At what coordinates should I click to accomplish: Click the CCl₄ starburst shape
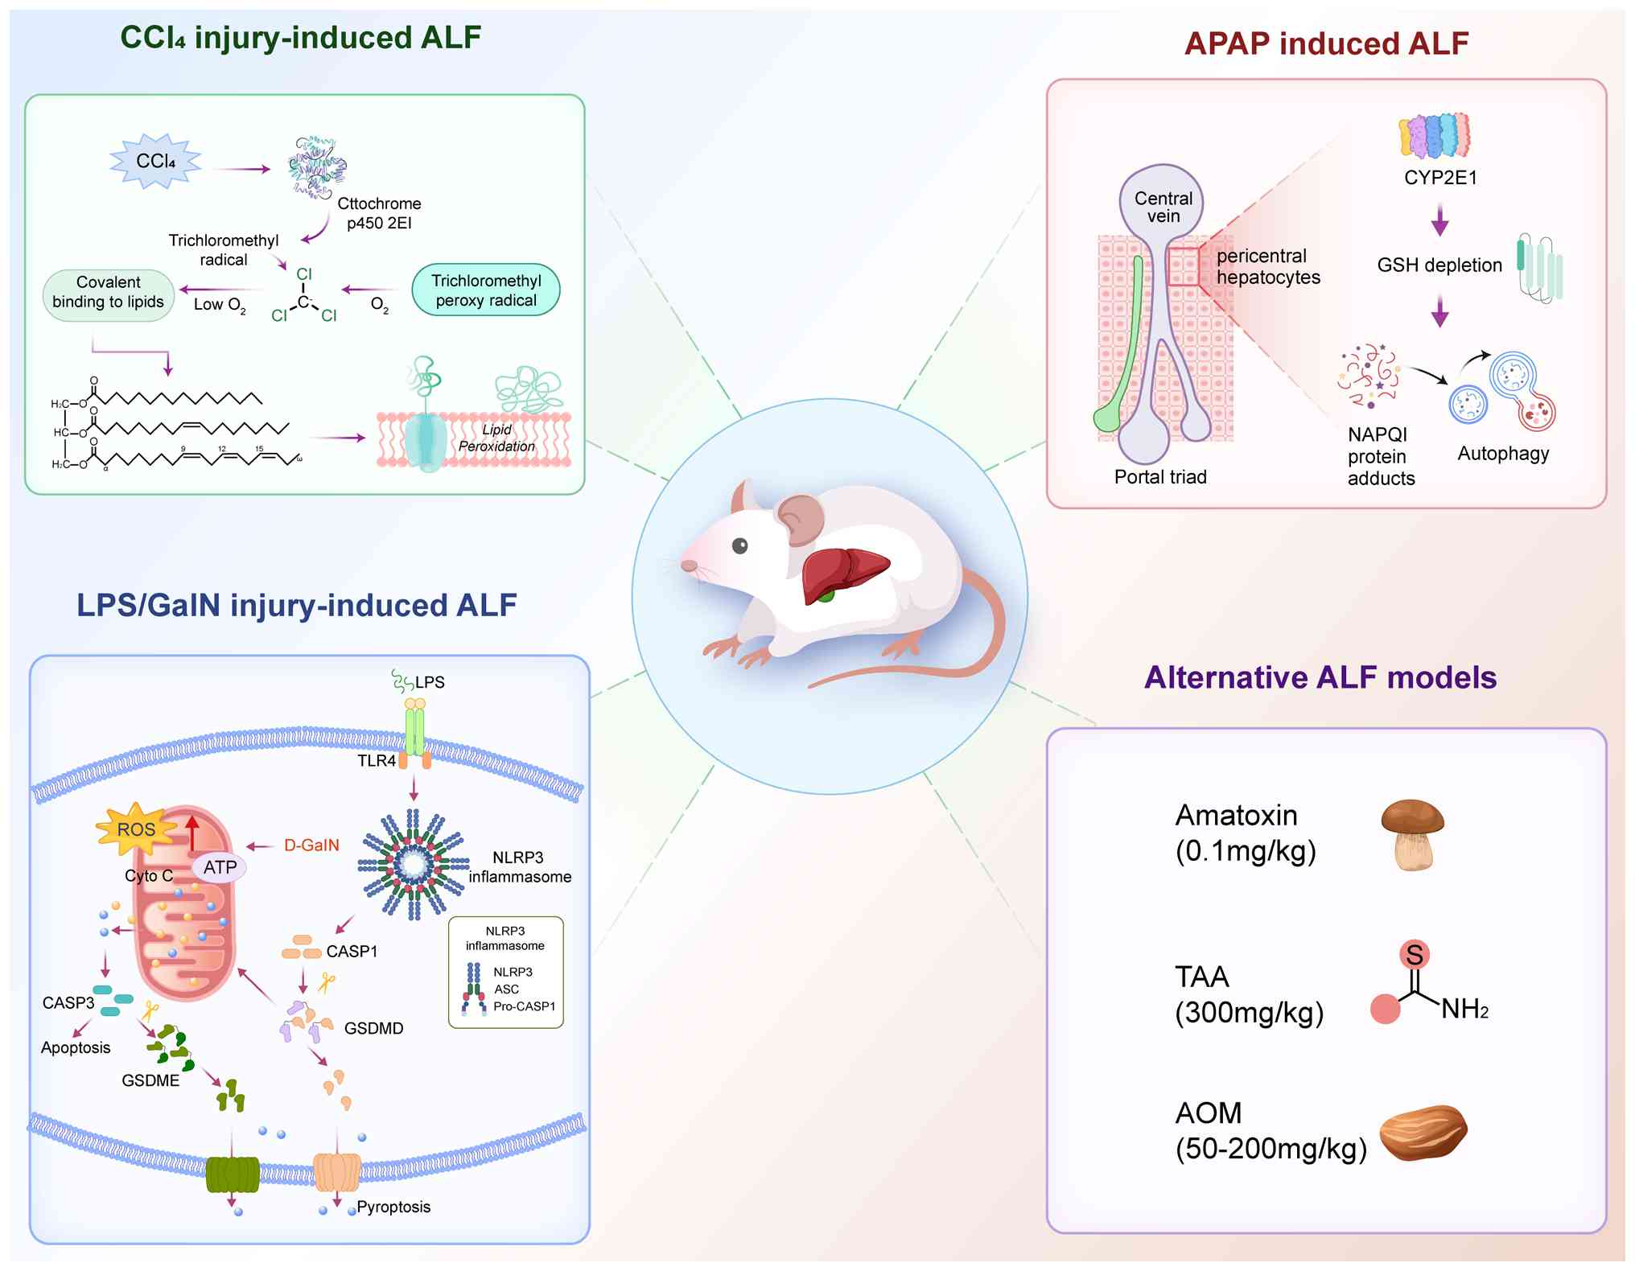155,162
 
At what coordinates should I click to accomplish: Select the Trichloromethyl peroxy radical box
485,290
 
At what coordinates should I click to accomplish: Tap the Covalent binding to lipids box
108,292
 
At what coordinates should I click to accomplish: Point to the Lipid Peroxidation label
496,438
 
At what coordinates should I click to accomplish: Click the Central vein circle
1162,206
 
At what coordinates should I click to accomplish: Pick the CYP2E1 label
1440,178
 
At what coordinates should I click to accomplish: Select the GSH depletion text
1439,265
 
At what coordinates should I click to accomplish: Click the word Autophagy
1502,454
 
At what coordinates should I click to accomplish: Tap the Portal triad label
1159,477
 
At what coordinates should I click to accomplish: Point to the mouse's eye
739,546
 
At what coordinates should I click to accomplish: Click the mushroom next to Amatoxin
1412,834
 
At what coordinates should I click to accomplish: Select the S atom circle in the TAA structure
1414,955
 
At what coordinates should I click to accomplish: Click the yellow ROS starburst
136,829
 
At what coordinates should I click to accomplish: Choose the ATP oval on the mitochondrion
219,867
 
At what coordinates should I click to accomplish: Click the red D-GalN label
311,845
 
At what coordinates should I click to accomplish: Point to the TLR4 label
377,761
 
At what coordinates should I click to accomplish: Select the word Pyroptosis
393,1207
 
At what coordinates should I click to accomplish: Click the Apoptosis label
76,1047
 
